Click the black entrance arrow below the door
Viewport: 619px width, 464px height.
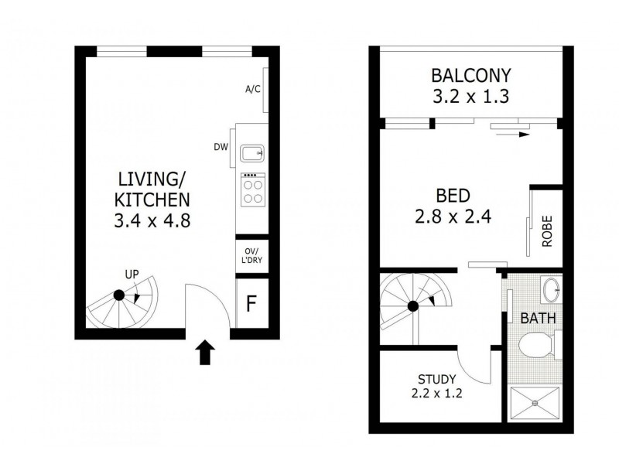(x=204, y=354)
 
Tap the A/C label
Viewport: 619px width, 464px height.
(x=252, y=89)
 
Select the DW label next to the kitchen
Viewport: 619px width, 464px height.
(x=221, y=146)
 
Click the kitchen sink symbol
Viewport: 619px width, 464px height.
(x=252, y=152)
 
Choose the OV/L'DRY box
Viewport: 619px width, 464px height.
(x=252, y=256)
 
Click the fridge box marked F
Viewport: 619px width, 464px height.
(x=251, y=303)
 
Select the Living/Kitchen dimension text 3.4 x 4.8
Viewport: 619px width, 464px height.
(x=152, y=220)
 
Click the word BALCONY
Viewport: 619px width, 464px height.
(x=471, y=76)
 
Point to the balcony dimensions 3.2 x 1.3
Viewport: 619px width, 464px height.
(x=471, y=97)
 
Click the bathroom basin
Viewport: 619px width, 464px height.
(x=552, y=291)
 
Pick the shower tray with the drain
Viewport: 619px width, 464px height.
(x=535, y=403)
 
